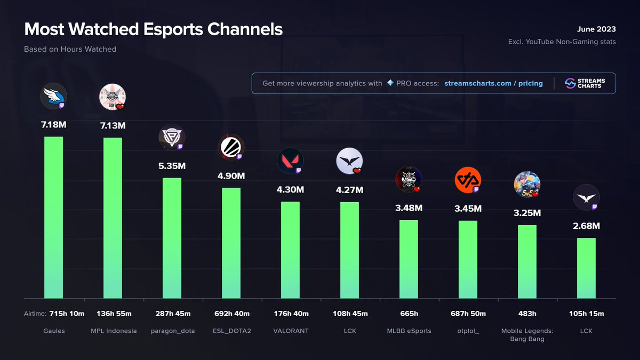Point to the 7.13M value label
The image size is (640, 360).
coord(113,126)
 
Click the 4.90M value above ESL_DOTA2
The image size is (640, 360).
coord(231,176)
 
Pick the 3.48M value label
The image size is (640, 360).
coord(409,208)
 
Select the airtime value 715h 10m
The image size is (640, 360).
coord(67,313)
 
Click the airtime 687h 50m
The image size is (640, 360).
coord(468,313)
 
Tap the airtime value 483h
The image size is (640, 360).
coord(527,313)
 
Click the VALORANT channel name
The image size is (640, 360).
coord(290,331)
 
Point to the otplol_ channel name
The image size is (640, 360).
coord(468,331)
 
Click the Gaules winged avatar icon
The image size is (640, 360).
coord(53,97)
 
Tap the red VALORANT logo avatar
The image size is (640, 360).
coord(290,161)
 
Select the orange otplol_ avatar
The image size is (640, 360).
coord(468,180)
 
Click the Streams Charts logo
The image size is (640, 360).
coord(585,84)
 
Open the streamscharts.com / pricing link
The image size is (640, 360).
coord(493,84)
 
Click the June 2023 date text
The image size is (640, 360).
coord(596,29)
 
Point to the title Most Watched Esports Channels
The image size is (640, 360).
coord(154,29)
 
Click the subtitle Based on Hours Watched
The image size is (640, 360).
coord(70,49)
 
